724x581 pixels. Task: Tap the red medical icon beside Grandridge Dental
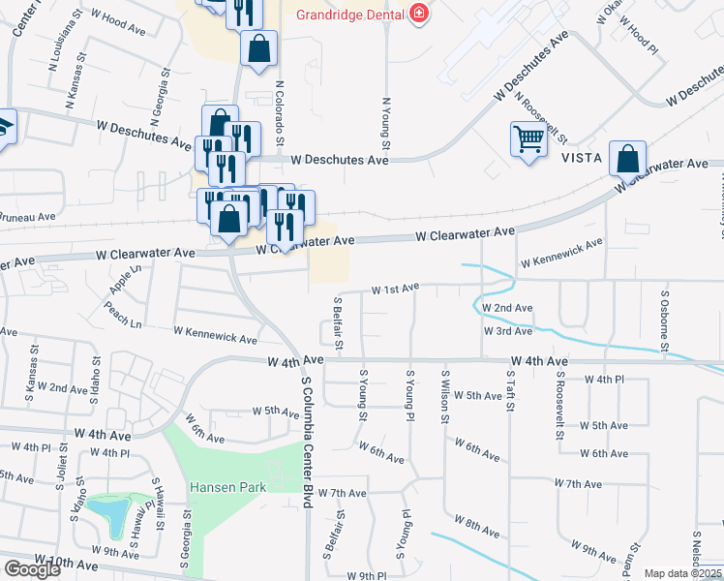tap(418, 14)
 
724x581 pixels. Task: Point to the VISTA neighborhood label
tap(580, 158)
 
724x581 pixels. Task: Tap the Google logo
tap(32, 569)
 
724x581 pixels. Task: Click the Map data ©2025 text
tap(682, 573)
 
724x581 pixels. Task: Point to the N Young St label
tap(386, 122)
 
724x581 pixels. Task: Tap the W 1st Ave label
tap(396, 288)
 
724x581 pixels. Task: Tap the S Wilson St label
tap(445, 396)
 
